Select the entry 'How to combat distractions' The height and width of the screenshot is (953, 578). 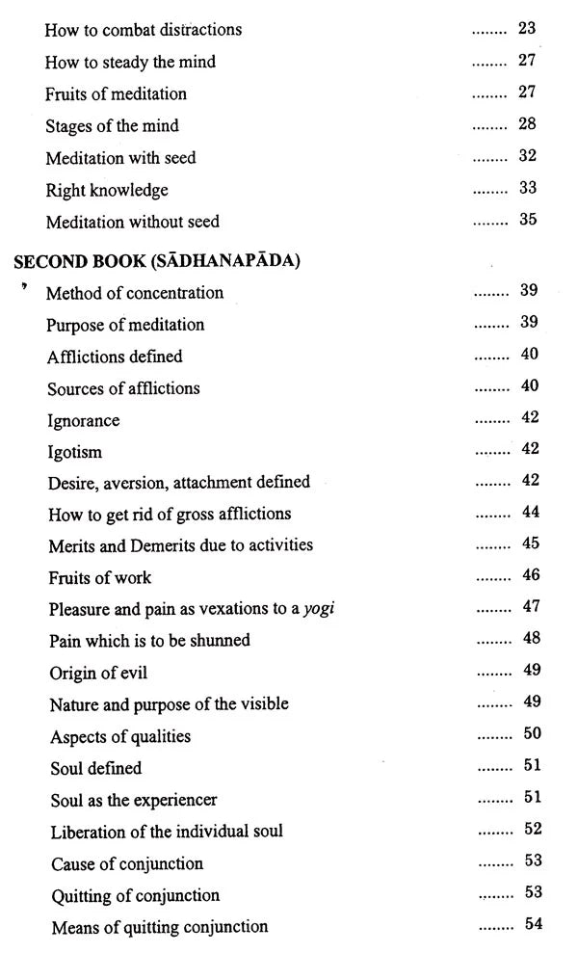coord(143,30)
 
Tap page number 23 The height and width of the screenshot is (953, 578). coord(527,29)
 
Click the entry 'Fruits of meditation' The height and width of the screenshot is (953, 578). coord(116,93)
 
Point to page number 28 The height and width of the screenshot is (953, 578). coord(527,124)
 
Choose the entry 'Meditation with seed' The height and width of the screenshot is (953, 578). coord(120,157)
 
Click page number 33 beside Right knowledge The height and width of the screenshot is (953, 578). coord(527,189)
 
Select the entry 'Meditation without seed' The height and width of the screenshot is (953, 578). coord(132,222)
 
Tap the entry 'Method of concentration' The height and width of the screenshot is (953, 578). coord(135,293)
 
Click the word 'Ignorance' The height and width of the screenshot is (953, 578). coord(83,420)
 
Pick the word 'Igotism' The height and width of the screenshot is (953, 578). coord(74,452)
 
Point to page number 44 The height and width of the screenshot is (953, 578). coord(530,512)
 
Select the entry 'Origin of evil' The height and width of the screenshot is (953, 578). coord(97,673)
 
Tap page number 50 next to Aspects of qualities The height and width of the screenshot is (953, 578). coord(531,734)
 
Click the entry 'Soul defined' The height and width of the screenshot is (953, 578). coord(94,768)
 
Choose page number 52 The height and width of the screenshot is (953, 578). coord(533,829)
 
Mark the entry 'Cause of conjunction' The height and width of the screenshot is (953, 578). coord(126,863)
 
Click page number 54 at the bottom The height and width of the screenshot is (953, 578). coord(534,924)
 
